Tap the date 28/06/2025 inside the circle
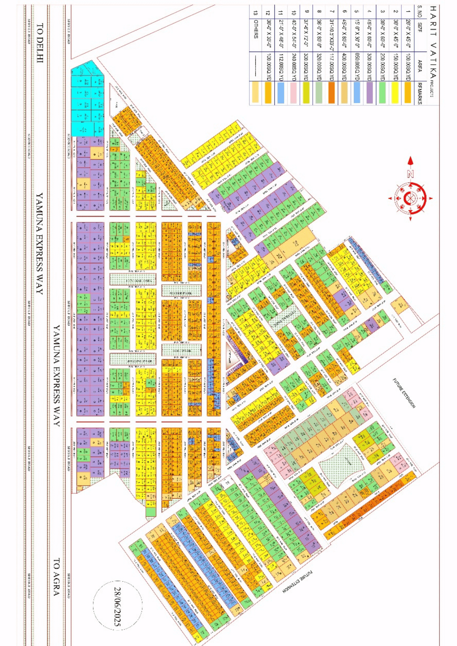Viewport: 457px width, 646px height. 118,607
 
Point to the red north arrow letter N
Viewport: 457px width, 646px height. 410,174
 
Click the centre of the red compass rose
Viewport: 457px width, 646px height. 410,198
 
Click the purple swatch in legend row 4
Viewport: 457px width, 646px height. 369,93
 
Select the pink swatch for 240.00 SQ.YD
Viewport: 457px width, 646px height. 293,93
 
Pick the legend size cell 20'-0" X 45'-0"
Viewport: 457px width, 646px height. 408,34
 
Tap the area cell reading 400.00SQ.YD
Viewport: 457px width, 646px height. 345,67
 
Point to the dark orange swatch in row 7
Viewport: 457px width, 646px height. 331,93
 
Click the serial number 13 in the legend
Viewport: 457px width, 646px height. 256,13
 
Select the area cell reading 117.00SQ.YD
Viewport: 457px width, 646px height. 332,67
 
